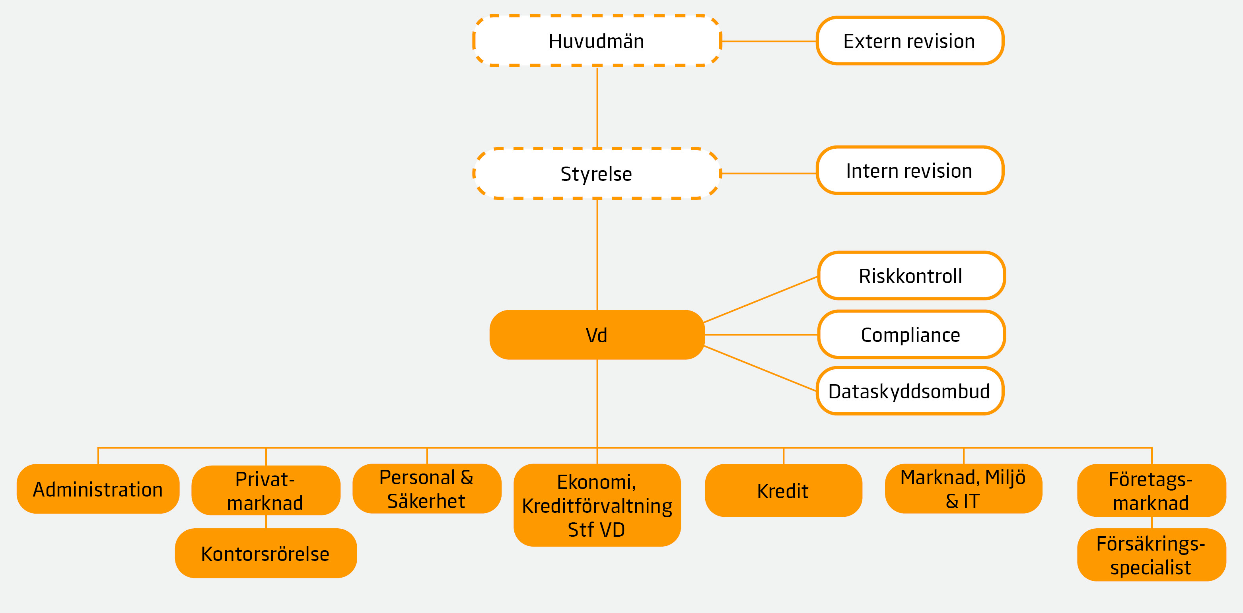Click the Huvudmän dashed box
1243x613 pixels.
(x=597, y=41)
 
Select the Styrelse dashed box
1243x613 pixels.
(x=597, y=174)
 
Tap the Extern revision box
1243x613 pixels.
(x=910, y=41)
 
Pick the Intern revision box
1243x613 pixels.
(x=910, y=171)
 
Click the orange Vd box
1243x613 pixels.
(x=597, y=335)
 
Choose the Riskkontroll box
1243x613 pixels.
(x=911, y=276)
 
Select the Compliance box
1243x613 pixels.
(x=911, y=335)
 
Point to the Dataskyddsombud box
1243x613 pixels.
(x=910, y=391)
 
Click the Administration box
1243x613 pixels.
(x=98, y=489)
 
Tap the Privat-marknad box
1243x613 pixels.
(x=265, y=491)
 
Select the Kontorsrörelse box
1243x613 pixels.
(x=265, y=553)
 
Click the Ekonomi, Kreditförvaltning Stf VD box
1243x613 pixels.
(x=597, y=505)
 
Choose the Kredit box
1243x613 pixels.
(x=783, y=491)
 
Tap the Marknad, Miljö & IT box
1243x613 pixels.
(x=963, y=489)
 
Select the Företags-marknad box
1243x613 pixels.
(x=1152, y=491)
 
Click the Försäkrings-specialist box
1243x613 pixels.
(x=1152, y=555)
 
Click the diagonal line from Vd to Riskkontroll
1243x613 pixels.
(x=761, y=299)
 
